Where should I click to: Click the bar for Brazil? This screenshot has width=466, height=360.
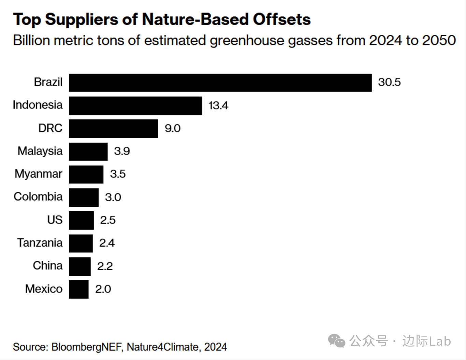coord(220,83)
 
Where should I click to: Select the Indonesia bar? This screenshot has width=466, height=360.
coord(135,105)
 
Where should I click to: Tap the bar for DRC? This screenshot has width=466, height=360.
coord(113,128)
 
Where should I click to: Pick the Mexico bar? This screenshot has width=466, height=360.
coord(78,289)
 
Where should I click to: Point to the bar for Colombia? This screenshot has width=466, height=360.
coord(84,197)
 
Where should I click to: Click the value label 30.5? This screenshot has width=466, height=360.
coord(389,82)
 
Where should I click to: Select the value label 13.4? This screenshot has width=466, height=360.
coord(218,105)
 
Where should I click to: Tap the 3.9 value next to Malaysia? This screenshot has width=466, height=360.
coord(122,151)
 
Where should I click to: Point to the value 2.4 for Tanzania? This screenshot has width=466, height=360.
coord(107,243)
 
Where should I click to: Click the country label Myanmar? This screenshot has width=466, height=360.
coord(39,174)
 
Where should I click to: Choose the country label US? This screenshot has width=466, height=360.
coord(55,220)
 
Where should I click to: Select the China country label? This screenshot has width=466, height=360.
coord(48,265)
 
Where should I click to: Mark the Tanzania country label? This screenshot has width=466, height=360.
coord(40,243)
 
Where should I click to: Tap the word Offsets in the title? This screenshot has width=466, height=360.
coord(281,19)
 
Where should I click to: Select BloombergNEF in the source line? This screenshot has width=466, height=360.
coord(87,347)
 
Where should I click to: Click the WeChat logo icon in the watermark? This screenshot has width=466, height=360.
coord(337,341)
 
